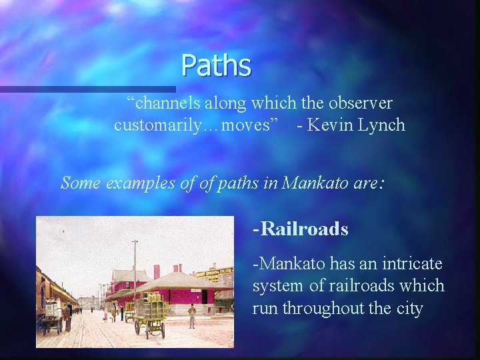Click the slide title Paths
click(216, 66)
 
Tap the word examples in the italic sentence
click(137, 182)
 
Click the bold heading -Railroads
click(300, 229)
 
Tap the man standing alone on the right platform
click(192, 315)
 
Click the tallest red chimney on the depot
click(157, 271)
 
